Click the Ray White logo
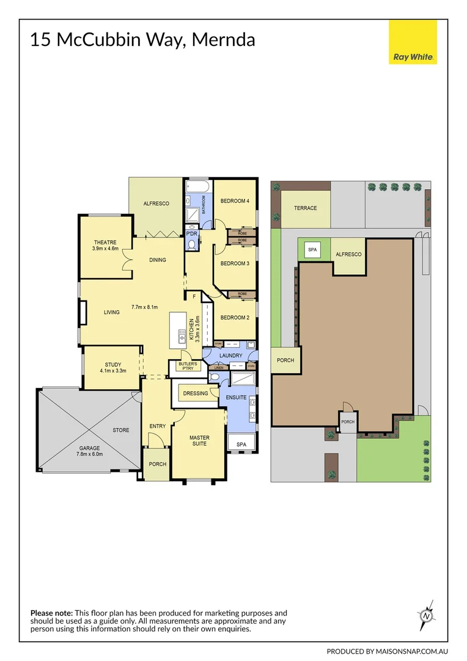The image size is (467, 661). click(413, 42)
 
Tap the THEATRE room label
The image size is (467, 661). click(105, 242)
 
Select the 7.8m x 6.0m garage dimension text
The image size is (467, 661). click(89, 454)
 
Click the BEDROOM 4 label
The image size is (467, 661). click(235, 201)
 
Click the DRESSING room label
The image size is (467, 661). click(195, 394)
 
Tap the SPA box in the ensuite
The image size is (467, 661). click(241, 444)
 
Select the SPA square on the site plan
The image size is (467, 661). click(313, 250)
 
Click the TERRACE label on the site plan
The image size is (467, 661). click(305, 208)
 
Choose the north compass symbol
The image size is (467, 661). click(425, 615)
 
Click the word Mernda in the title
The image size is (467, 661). click(223, 40)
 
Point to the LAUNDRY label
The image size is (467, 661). click(231, 356)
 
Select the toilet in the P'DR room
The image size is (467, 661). click(192, 245)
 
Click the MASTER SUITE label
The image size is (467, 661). click(199, 441)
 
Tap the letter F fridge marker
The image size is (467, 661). click(194, 297)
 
